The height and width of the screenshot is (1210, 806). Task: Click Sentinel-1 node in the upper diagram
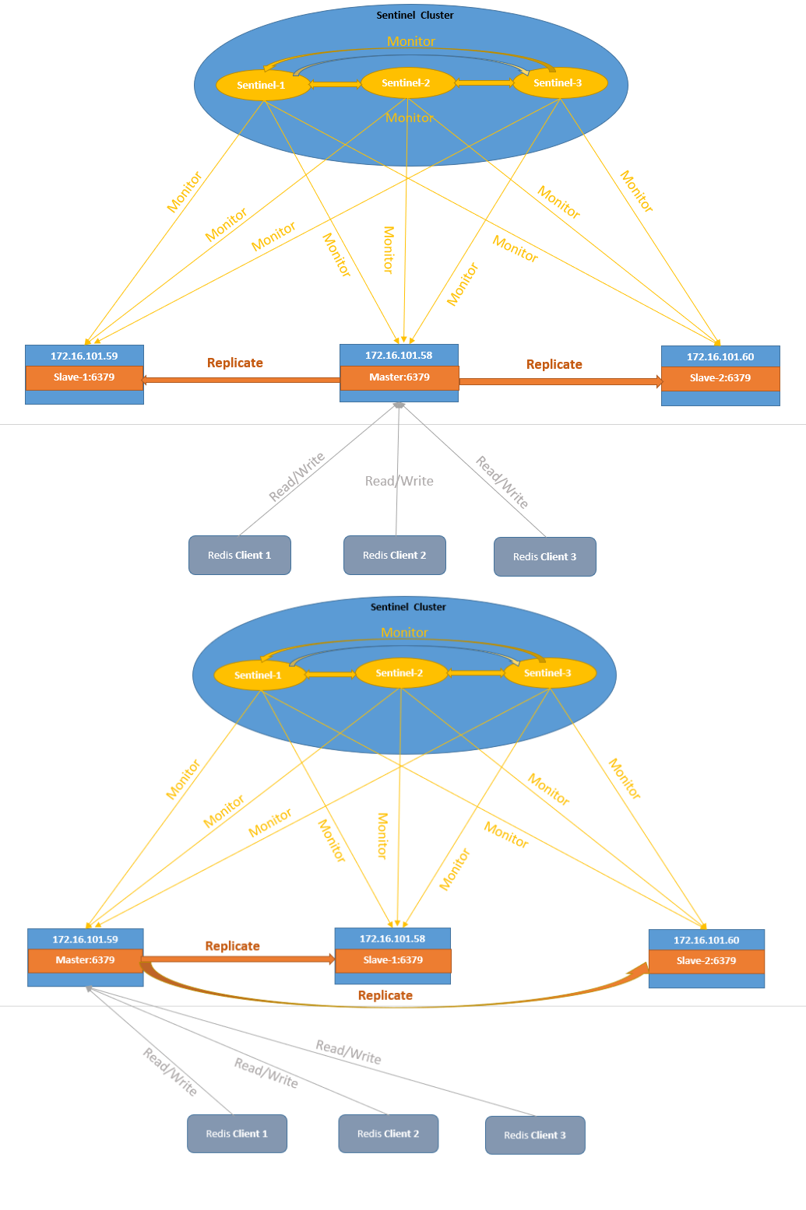[261, 85]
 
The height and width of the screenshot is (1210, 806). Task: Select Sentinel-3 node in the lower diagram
[548, 673]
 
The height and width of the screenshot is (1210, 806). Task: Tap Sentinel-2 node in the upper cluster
[406, 83]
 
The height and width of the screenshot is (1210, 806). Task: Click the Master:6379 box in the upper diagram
[399, 377]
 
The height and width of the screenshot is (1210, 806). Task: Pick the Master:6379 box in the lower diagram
[85, 960]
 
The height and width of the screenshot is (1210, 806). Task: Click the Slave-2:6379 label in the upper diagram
[720, 378]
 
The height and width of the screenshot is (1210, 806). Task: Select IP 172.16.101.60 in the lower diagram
[706, 940]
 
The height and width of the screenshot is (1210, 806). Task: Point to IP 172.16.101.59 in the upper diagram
[84, 356]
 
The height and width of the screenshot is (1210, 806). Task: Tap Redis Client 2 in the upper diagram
[395, 555]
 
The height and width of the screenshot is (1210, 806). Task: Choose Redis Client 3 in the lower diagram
[535, 1135]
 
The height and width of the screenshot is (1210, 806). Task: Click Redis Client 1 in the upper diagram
[240, 555]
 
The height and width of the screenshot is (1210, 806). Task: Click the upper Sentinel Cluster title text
[415, 15]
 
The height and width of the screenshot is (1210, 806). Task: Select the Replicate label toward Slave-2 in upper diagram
[554, 364]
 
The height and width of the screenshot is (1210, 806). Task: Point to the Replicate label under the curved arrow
[385, 995]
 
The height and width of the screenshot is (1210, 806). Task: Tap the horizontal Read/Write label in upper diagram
[399, 481]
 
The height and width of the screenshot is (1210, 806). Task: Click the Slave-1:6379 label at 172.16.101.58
[393, 960]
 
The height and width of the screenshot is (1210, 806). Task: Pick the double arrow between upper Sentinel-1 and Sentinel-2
[336, 84]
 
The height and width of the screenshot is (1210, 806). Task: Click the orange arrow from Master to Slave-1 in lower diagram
[238, 959]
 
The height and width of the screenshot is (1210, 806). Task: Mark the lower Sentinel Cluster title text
[408, 607]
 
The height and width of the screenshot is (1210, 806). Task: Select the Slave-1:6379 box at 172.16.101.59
[84, 377]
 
